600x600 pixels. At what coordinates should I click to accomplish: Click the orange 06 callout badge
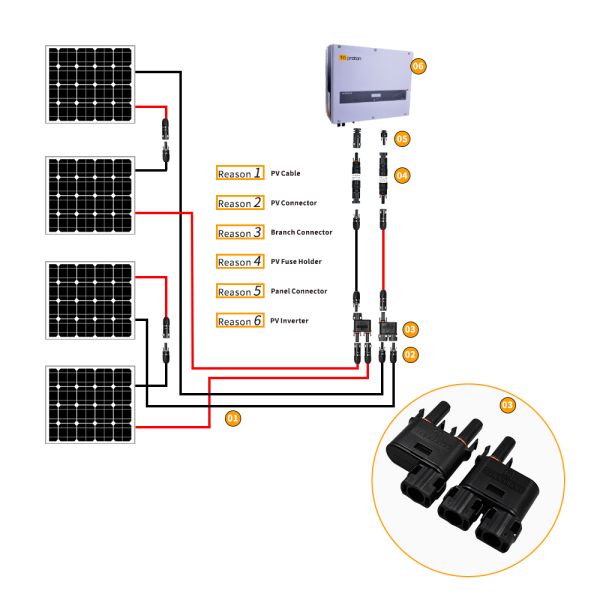coord(419,66)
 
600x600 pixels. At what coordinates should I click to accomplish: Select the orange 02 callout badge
coord(410,354)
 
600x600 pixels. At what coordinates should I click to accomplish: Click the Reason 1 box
coord(240,173)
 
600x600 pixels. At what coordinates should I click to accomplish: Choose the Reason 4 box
coord(240,262)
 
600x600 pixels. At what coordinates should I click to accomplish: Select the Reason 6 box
coord(240,321)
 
